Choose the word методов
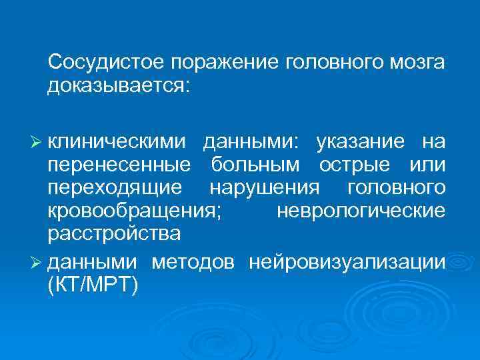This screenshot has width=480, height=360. point(193,263)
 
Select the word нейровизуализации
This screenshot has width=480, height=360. point(347,263)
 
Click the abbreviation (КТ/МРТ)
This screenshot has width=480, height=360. point(92,285)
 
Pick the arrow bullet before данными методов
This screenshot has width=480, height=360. point(38,263)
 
